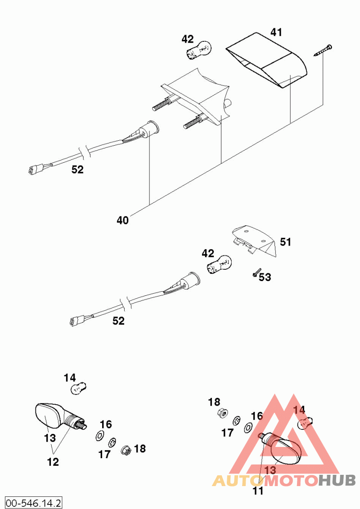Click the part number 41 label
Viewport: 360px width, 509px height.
276,32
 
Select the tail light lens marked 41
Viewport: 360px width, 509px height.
266,60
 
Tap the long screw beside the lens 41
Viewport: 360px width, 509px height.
323,51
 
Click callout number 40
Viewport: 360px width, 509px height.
122,220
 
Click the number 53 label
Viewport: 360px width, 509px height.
265,277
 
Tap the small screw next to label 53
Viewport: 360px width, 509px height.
256,272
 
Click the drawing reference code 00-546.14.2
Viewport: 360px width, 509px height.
33,503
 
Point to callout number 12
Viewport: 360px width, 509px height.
53,462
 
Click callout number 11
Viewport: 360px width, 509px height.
258,491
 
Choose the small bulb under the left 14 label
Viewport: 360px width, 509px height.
78,388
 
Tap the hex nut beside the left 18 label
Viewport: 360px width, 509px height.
126,451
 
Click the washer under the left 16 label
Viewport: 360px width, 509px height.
100,436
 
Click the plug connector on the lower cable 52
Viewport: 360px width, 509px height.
76,321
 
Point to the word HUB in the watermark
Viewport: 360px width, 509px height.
337,480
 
